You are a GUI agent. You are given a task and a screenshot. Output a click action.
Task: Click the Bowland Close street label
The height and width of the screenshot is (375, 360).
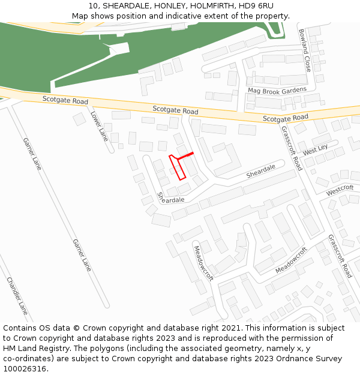click(x=305, y=50)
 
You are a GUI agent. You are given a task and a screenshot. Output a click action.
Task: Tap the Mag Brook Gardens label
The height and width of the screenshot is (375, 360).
click(x=277, y=91)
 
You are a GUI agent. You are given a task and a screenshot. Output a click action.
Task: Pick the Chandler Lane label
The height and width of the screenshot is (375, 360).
click(x=17, y=296)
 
